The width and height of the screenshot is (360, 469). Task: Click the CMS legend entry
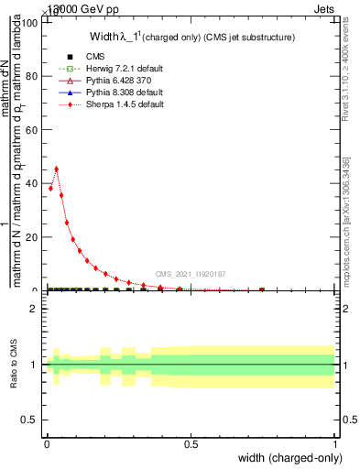81,56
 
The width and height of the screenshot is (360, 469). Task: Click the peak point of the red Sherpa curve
57,169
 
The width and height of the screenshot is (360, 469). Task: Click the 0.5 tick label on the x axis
191,444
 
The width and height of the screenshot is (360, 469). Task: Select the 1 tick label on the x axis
335,444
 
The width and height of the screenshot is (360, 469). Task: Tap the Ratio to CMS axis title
14,364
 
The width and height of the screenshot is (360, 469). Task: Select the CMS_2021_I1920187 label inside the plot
191,273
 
